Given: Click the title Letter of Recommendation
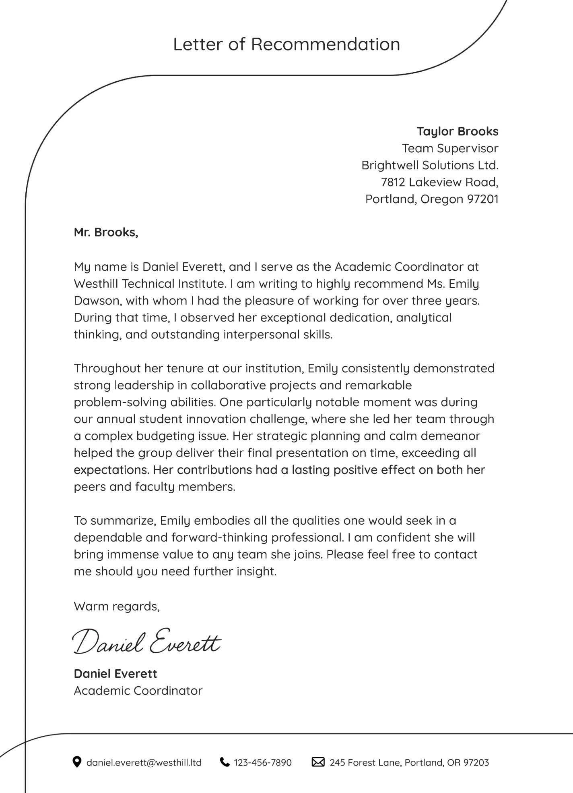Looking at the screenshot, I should [x=286, y=44].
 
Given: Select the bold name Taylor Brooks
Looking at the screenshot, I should [x=458, y=131].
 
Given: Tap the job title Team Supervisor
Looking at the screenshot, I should [x=450, y=148].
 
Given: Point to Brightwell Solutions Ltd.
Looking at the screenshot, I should [x=430, y=165].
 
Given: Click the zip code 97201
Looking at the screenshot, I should [x=482, y=199].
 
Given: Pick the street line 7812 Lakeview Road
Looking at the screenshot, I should [x=439, y=182].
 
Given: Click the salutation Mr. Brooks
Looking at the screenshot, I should [x=106, y=232].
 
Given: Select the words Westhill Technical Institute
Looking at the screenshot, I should [x=149, y=284].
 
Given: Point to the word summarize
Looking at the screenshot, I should [x=123, y=521].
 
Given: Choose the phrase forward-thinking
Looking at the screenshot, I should [x=220, y=538].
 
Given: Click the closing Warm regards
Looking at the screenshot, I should [x=117, y=606].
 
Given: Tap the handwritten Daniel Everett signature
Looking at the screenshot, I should [x=147, y=641].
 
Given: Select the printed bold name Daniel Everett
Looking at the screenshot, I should [x=115, y=674].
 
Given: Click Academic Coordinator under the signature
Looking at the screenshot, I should [x=138, y=691].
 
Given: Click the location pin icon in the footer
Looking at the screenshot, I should [x=76, y=762].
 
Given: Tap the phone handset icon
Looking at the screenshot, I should [x=225, y=762].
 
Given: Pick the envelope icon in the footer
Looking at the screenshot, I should [x=318, y=762].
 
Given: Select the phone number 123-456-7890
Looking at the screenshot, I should [x=263, y=762].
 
